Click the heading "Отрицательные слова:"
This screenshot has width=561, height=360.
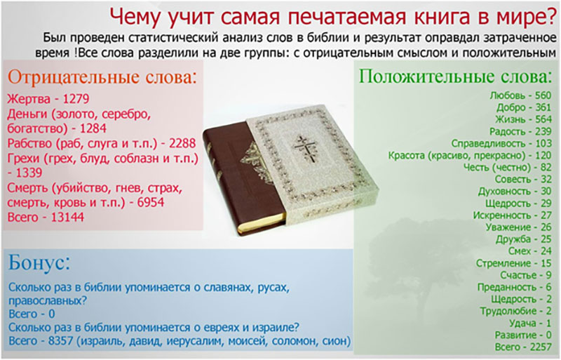[102, 76]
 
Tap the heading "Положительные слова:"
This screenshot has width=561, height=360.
[455, 75]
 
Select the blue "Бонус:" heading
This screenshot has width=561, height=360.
[39, 264]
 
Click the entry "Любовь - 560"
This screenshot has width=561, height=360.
[520, 95]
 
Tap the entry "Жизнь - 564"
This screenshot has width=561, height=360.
[522, 119]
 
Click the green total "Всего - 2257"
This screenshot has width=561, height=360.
[523, 347]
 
